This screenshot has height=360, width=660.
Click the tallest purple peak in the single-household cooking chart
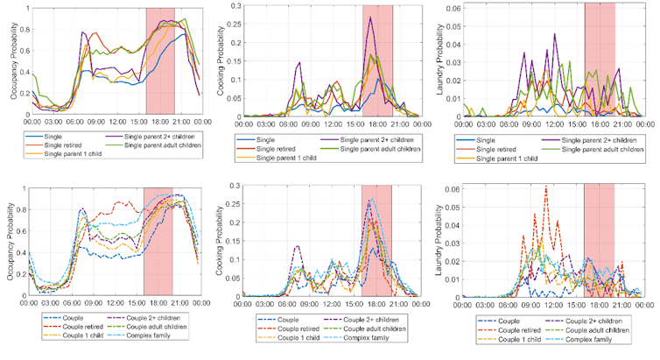(370, 18)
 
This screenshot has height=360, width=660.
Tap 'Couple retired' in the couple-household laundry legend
(494, 328)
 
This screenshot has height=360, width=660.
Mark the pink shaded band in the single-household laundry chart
(600, 61)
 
